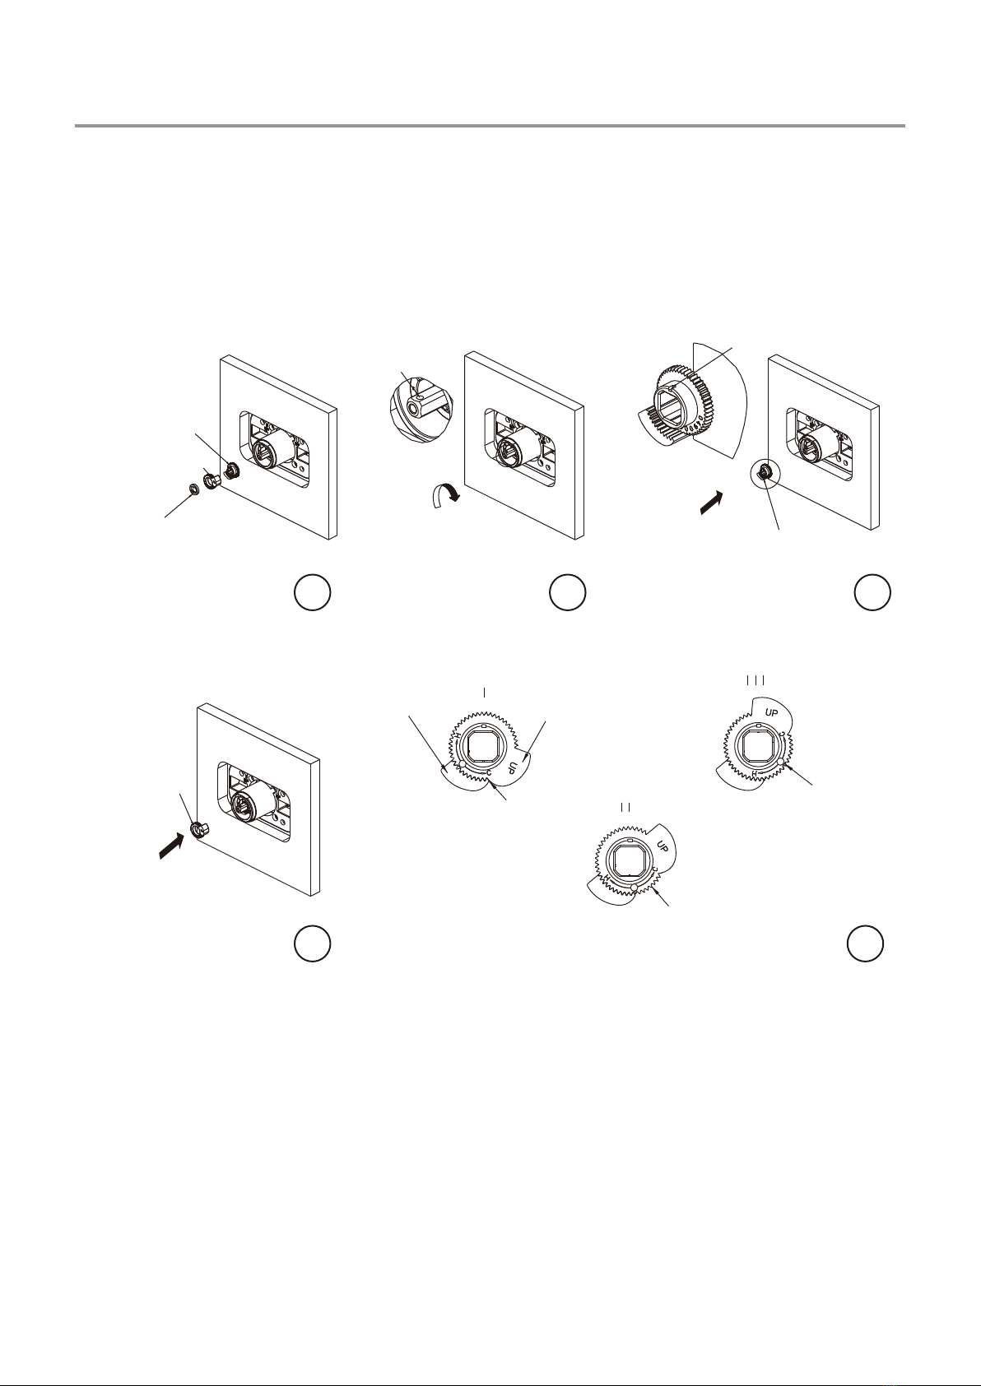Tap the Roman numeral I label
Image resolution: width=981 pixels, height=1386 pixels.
pyautogui.click(x=484, y=693)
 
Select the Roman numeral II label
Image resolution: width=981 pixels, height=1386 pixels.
pyautogui.click(x=625, y=808)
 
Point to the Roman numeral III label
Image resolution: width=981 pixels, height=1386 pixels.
pyautogui.click(x=756, y=680)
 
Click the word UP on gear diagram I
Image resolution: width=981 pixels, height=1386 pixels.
pyautogui.click(x=513, y=767)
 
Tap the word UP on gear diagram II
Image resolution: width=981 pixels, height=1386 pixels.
pyautogui.click(x=663, y=846)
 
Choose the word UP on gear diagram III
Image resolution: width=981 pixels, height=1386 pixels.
pyautogui.click(x=771, y=713)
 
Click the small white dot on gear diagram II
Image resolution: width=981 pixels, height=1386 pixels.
pyautogui.click(x=635, y=888)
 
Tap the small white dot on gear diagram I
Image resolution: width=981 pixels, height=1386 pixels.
pyautogui.click(x=463, y=767)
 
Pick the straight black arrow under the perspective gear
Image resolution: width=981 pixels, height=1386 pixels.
pyautogui.click(x=710, y=502)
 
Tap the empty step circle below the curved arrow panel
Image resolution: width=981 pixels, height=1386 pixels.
pyautogui.click(x=568, y=592)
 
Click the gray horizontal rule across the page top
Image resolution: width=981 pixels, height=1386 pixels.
pyautogui.click(x=490, y=126)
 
